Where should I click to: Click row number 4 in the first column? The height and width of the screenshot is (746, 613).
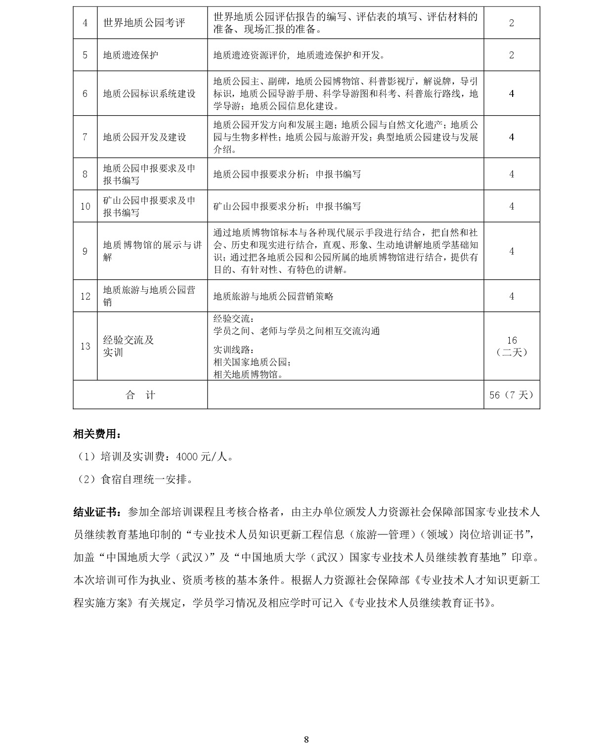click(x=85, y=23)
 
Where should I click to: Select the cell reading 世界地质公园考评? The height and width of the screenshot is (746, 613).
click(x=144, y=23)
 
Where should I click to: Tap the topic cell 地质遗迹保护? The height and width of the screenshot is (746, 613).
click(x=131, y=55)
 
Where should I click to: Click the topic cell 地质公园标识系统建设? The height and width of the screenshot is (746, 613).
click(x=149, y=93)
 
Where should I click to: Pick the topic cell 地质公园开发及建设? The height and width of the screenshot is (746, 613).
click(x=144, y=137)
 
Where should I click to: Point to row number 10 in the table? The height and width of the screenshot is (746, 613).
click(x=85, y=206)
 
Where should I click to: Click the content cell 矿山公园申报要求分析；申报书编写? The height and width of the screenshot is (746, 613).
click(x=287, y=206)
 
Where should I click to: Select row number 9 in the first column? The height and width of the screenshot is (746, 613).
click(x=85, y=251)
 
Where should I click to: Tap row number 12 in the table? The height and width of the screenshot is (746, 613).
click(x=85, y=296)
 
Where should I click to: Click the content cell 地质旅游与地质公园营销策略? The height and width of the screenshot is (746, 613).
click(x=273, y=296)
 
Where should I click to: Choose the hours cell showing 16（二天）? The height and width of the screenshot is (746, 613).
click(x=512, y=346)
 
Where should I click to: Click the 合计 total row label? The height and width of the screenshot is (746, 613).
click(x=140, y=395)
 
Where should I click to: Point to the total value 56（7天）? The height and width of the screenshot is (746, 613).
click(x=512, y=395)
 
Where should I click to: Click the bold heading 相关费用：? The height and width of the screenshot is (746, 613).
click(x=97, y=434)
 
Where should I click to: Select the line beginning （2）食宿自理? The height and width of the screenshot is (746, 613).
click(x=134, y=479)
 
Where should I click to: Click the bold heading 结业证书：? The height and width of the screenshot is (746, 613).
click(x=97, y=512)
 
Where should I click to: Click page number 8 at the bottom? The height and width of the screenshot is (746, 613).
click(x=306, y=739)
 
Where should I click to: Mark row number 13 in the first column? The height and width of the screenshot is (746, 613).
click(x=85, y=346)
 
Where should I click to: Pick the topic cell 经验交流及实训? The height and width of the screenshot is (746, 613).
click(x=129, y=346)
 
